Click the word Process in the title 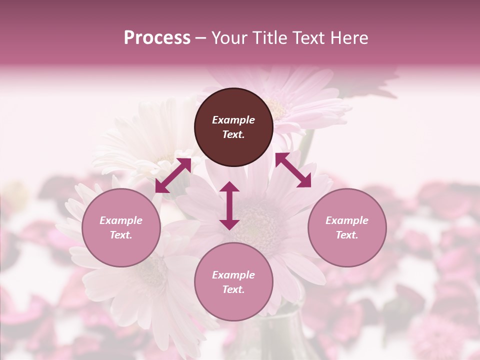pyautogui.click(x=157, y=38)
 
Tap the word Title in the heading pyautogui.click(x=270, y=38)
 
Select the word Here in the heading pyautogui.click(x=348, y=38)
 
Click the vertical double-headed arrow pyautogui.click(x=229, y=205)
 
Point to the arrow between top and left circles pyautogui.click(x=173, y=175)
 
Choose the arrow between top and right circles pyautogui.click(x=293, y=170)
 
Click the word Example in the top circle pyautogui.click(x=233, y=120)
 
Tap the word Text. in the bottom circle pyautogui.click(x=233, y=289)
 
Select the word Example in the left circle pyautogui.click(x=121, y=220)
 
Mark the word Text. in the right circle pyautogui.click(x=346, y=235)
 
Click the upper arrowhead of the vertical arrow pyautogui.click(x=229, y=187)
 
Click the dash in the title pyautogui.click(x=201, y=38)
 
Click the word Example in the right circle pyautogui.click(x=346, y=220)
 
